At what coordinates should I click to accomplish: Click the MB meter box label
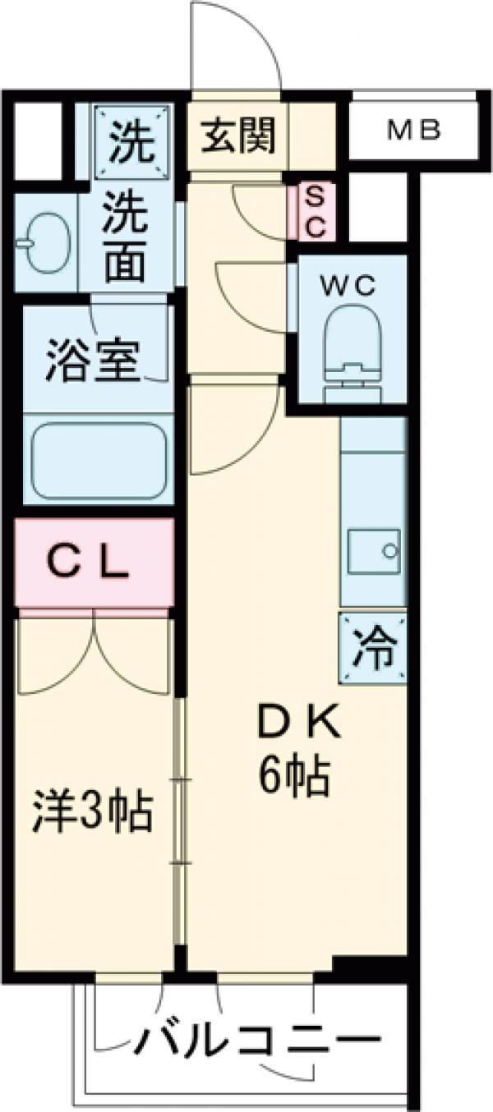tap(415, 130)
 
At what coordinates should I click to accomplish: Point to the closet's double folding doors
tap(94, 653)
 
